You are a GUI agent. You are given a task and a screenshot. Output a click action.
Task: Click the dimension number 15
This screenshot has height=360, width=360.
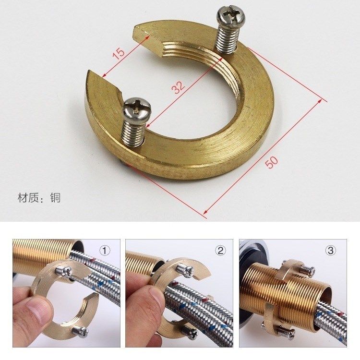point(119,52)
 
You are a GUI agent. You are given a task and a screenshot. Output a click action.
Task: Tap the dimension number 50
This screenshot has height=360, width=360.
point(272,162)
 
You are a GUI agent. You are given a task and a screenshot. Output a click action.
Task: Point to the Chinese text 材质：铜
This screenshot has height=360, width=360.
point(39,198)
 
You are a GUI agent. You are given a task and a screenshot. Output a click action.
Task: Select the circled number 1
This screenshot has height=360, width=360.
point(105,250)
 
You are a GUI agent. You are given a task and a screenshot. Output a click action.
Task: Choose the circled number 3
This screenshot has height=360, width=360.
point(330,250)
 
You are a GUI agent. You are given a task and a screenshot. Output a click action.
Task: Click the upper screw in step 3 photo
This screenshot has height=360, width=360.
point(307,272)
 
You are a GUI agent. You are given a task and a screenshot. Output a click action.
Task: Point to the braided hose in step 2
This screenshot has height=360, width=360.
point(202,307)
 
